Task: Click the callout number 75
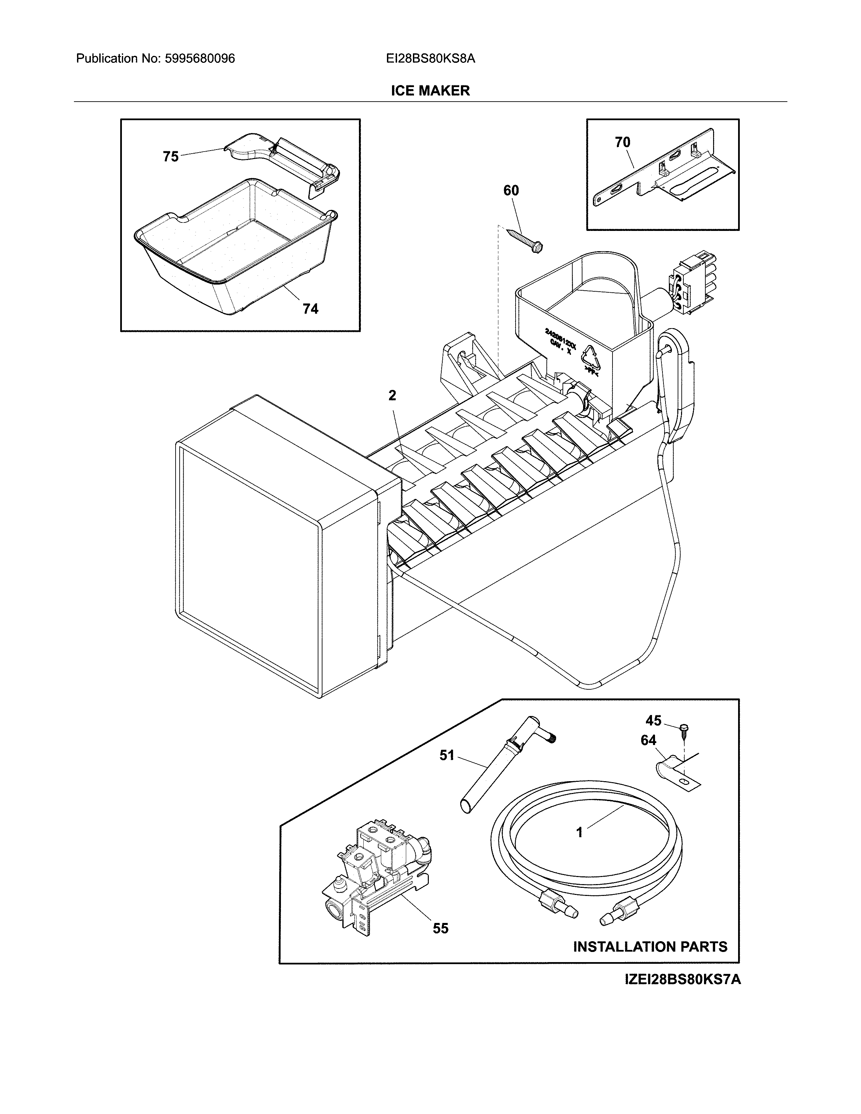(x=171, y=157)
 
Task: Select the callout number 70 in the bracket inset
(x=622, y=142)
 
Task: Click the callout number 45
(x=653, y=721)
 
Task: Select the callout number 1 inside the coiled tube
(x=579, y=832)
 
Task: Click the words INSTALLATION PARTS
(x=650, y=947)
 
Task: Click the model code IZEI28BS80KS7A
(x=682, y=980)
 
